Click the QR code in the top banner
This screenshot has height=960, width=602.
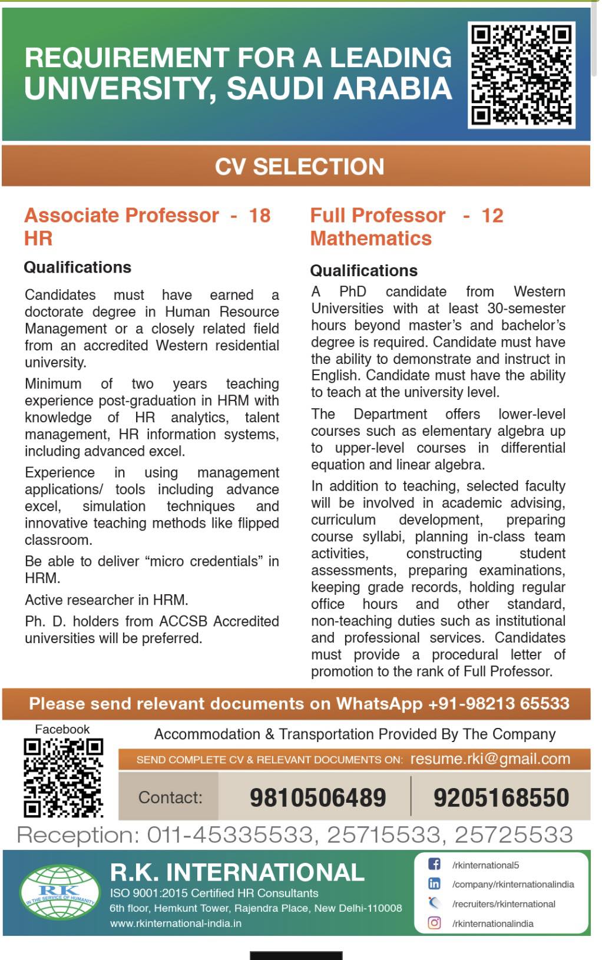[521, 75]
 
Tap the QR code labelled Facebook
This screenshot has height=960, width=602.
[63, 778]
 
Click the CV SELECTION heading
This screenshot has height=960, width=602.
[299, 167]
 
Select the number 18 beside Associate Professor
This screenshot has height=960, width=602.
[260, 216]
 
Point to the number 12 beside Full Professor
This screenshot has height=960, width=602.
[492, 216]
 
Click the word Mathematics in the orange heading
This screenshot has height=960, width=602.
[371, 239]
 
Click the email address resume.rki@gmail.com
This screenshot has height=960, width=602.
[490, 759]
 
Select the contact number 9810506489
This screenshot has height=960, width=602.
[317, 797]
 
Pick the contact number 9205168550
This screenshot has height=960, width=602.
[501, 797]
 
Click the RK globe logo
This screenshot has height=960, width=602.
[59, 893]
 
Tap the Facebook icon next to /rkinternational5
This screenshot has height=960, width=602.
[434, 865]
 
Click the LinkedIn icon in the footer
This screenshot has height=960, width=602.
[434, 884]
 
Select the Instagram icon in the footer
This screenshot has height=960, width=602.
[434, 923]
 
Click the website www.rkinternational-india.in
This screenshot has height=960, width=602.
[176, 923]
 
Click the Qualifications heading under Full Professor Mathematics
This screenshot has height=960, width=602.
[363, 270]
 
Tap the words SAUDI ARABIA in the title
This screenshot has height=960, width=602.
[339, 89]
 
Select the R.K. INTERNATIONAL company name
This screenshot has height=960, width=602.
[237, 872]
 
